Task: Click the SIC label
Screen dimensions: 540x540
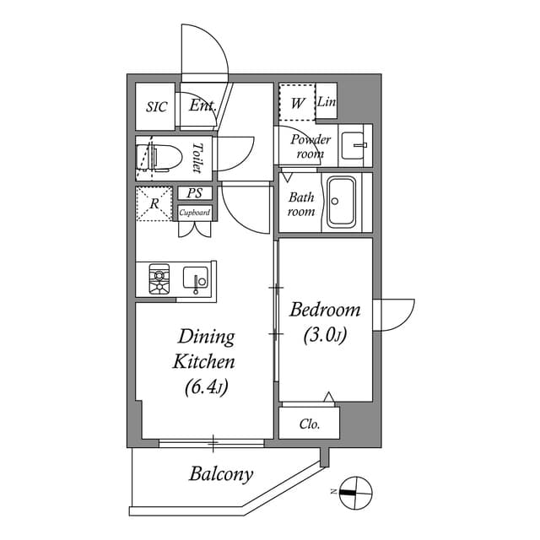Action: [157, 107]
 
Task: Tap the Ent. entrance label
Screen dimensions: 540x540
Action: [202, 106]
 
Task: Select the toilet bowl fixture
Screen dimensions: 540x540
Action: [158, 158]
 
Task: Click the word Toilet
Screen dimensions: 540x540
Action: [197, 158]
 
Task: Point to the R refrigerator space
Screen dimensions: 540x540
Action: [154, 204]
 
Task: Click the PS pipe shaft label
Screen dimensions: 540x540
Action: [195, 193]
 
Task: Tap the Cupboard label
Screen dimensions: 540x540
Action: [195, 213]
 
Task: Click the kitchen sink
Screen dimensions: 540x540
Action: [195, 279]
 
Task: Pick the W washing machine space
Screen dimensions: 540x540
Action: [297, 104]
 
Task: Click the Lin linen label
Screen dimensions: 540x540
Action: [327, 103]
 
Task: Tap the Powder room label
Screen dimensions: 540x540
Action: [310, 147]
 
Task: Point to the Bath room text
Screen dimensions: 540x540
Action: [301, 204]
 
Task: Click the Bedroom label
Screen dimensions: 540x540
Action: [325, 310]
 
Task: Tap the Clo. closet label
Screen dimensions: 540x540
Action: [310, 424]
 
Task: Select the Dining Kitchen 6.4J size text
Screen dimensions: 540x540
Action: [204, 388]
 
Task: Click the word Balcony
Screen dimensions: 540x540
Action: [220, 474]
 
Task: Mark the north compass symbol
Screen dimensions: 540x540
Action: [355, 491]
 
